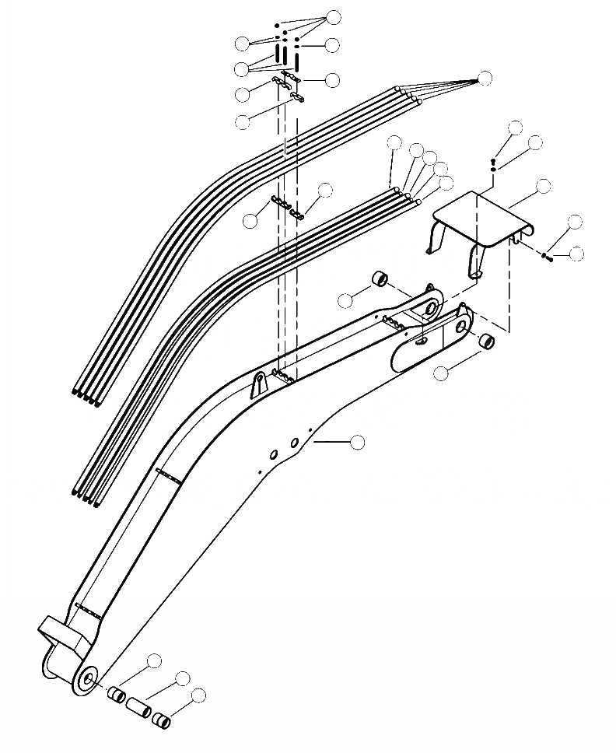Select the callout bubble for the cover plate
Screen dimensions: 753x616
click(544, 186)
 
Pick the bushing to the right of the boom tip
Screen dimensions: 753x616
click(485, 341)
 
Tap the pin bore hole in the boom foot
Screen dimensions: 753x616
click(84, 679)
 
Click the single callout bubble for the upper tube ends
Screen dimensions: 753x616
click(485, 78)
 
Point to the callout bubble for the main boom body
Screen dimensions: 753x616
click(358, 442)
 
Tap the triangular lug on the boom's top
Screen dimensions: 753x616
click(256, 385)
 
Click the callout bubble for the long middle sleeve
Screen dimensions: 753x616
click(183, 678)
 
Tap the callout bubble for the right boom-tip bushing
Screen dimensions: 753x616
click(441, 373)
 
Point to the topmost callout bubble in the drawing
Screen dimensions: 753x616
click(334, 17)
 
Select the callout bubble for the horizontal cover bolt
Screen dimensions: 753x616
click(576, 253)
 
